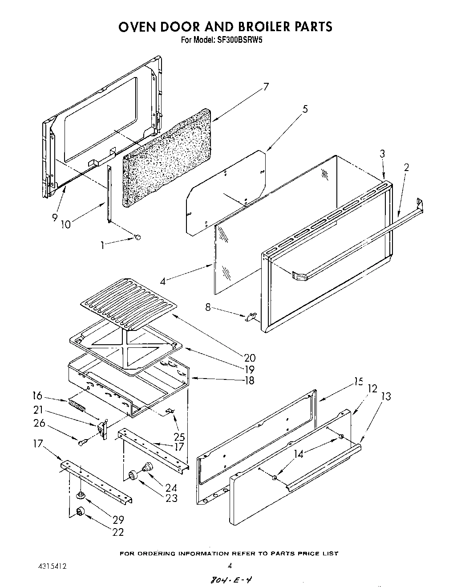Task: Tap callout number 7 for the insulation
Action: (266, 87)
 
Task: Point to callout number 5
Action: (305, 109)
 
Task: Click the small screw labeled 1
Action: (137, 238)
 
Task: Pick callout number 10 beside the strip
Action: (65, 224)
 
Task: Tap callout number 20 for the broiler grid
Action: (249, 357)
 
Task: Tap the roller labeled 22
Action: (80, 512)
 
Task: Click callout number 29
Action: (118, 519)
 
